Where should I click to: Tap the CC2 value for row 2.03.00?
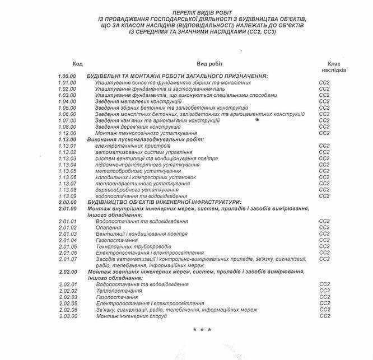click(325, 316)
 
